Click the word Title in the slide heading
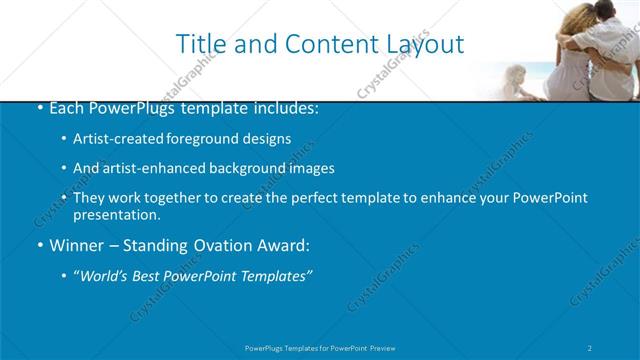200,44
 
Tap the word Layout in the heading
423,44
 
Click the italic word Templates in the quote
275,276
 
